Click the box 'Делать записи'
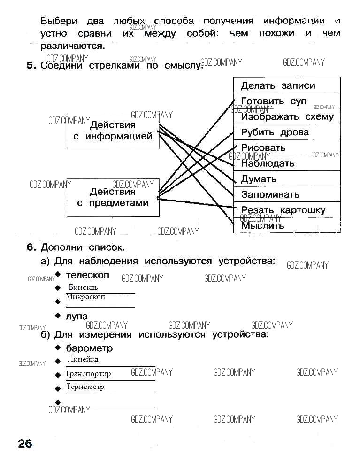coord(287,85)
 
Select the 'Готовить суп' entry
coord(287,101)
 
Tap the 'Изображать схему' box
coord(287,116)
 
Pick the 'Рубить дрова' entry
coord(287,132)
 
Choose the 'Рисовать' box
coord(287,147)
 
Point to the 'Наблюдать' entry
coord(287,163)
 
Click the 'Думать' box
coord(287,179)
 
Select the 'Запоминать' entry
coord(287,194)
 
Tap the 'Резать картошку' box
coord(287,210)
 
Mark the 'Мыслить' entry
coord(287,225)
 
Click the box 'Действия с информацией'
coord(113,131)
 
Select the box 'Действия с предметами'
coord(113,197)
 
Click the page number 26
coord(24,443)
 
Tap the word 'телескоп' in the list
coord(87,275)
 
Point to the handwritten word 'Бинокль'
coord(83,287)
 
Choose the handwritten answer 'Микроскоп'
coord(85,297)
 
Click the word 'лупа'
coord(77,316)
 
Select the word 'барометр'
coord(89,348)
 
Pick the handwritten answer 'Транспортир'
coord(88,374)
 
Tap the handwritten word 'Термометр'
coord(85,387)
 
